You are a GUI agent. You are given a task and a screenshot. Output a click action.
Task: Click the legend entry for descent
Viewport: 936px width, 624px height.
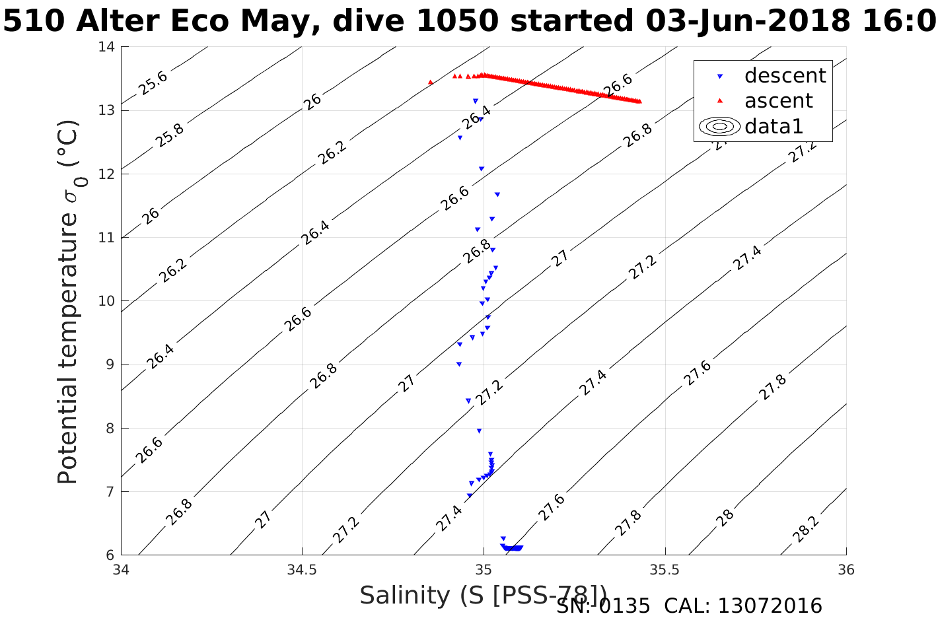785,76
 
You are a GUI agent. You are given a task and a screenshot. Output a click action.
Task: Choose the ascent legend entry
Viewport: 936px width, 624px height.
778,101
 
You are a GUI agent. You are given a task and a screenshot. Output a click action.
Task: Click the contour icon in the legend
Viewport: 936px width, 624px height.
720,126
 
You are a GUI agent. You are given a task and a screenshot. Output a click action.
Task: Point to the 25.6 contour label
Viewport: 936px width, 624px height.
153,83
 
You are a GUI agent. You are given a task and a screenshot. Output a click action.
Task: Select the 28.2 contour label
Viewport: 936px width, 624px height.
805,529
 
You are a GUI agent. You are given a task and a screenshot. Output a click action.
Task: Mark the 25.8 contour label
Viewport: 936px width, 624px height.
170,135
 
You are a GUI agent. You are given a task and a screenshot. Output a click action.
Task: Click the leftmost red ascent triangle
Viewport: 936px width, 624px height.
431,83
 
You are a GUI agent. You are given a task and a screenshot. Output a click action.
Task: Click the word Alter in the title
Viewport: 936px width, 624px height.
119,22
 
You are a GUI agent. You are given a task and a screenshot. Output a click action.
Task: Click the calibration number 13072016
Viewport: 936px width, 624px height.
770,606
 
